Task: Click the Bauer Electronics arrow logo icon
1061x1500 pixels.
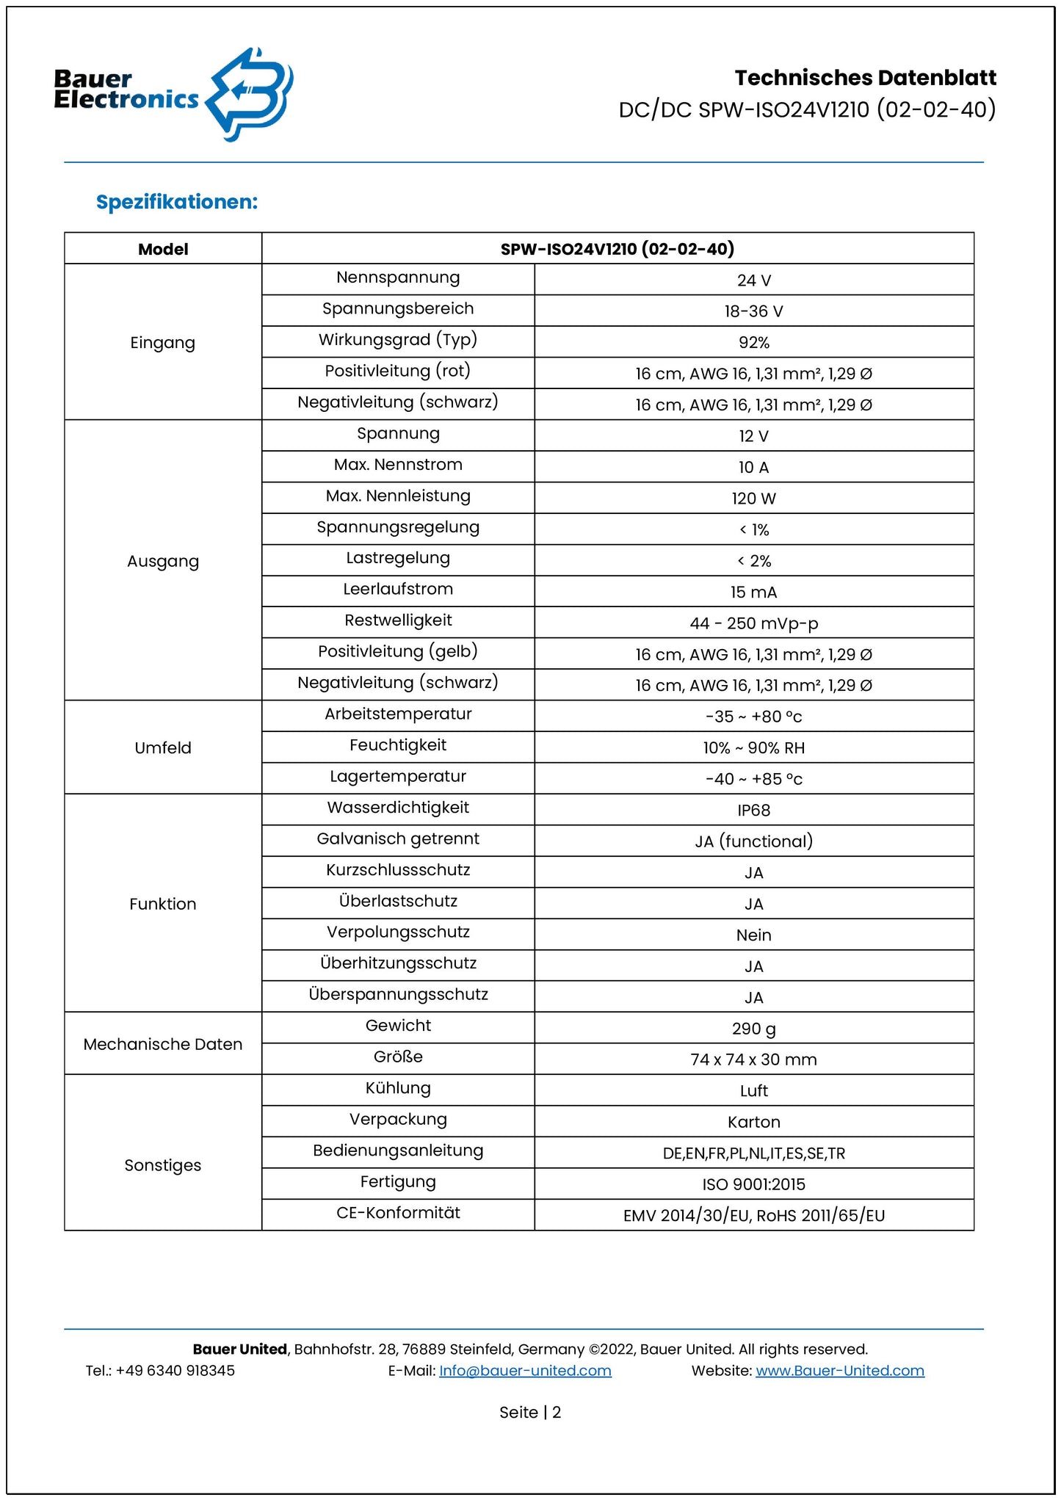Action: click(249, 93)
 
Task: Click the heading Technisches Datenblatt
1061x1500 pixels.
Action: click(865, 78)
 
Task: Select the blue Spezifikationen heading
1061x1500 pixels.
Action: click(177, 202)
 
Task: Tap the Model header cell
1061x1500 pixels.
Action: click(163, 250)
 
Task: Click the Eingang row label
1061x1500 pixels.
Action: click(163, 343)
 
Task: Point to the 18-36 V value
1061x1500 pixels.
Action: click(753, 311)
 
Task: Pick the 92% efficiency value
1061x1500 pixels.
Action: click(753, 343)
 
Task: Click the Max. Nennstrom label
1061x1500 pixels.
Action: click(398, 465)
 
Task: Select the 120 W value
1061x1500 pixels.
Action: click(753, 499)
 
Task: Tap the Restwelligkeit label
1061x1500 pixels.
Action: click(398, 620)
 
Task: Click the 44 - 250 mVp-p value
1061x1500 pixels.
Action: click(753, 623)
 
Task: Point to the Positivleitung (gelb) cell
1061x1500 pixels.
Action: click(398, 651)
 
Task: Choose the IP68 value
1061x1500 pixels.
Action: click(753, 811)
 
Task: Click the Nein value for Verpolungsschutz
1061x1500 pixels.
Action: click(753, 935)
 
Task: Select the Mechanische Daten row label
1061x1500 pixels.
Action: click(163, 1044)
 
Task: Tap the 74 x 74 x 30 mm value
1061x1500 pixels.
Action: click(753, 1059)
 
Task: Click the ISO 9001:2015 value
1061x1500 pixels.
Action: click(753, 1184)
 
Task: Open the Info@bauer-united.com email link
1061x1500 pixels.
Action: click(525, 1371)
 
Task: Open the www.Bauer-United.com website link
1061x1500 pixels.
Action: click(839, 1371)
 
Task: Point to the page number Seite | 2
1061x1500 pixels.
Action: click(530, 1413)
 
